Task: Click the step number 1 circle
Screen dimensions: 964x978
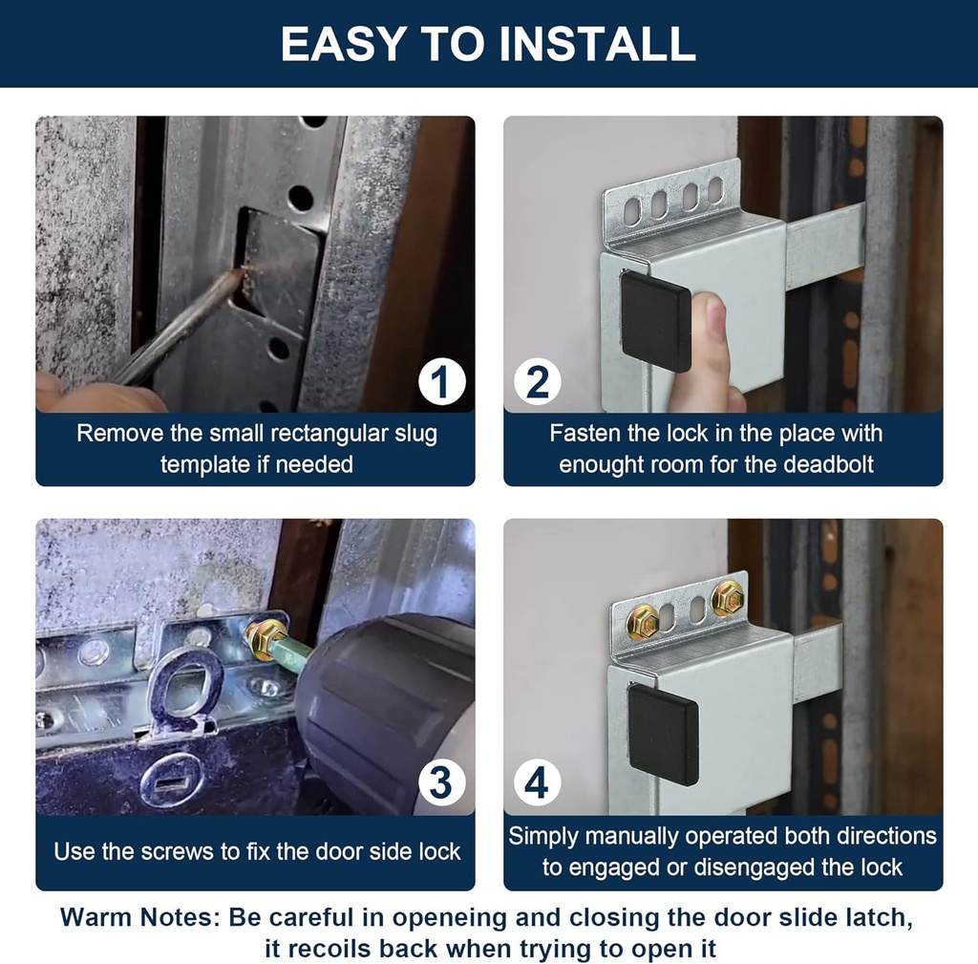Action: (x=441, y=383)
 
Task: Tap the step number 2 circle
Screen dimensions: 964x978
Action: (x=538, y=383)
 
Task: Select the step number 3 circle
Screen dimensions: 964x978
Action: (x=441, y=782)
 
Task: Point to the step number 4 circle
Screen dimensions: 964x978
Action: (x=538, y=782)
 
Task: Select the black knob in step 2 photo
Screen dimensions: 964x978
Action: (x=655, y=321)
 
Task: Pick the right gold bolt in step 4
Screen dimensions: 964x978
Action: (x=727, y=598)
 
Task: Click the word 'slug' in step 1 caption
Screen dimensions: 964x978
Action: (x=413, y=434)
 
